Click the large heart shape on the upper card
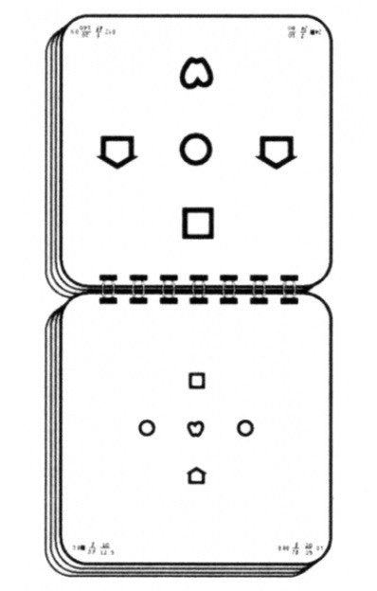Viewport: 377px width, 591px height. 195,73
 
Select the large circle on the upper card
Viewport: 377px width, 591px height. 195,149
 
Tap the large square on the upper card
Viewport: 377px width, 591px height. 197,222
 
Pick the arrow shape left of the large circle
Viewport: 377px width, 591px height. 117,150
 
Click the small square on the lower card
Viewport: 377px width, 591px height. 196,381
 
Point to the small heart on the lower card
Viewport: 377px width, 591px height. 195,428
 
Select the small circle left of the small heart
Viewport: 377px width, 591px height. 147,428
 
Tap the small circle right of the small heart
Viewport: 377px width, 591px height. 245,428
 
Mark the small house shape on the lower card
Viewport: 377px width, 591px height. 196,475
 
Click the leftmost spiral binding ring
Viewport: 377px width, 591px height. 107,288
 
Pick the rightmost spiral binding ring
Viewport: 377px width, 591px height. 290,288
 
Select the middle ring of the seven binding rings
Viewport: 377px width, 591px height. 199,288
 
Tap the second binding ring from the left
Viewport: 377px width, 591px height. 137,288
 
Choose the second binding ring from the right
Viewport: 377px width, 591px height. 260,288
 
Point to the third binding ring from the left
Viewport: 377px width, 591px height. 168,288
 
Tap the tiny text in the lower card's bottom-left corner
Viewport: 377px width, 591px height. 95,547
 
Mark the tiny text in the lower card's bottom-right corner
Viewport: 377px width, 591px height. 300,547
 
